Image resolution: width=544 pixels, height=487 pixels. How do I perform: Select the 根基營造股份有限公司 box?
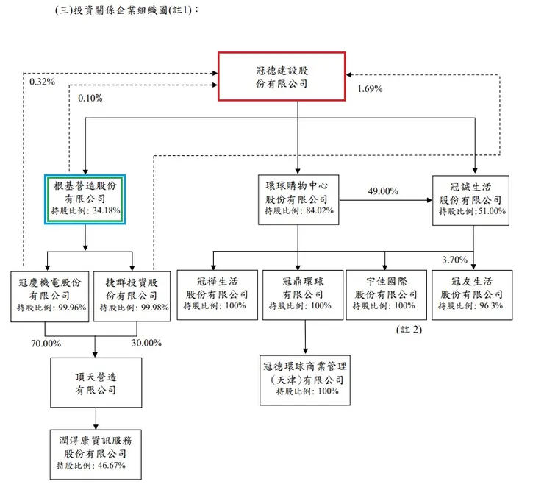tap(86, 199)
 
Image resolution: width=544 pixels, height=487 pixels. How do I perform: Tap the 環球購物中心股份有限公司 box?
tap(297, 199)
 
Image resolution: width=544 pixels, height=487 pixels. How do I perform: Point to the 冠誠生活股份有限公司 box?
tap(471, 199)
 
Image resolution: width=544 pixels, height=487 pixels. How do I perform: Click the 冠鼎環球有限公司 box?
tap(298, 294)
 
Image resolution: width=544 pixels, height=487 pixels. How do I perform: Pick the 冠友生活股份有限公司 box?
tap(471, 294)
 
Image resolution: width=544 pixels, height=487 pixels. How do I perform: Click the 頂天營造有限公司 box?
tap(95, 378)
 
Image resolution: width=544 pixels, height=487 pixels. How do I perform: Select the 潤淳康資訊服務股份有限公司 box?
tap(95, 452)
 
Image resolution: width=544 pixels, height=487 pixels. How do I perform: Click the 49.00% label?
tap(382, 191)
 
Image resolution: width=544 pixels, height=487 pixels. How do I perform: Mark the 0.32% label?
tap(42, 82)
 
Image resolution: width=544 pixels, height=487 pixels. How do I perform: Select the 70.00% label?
tap(45, 343)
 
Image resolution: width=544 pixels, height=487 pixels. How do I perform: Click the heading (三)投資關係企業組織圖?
tap(126, 10)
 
